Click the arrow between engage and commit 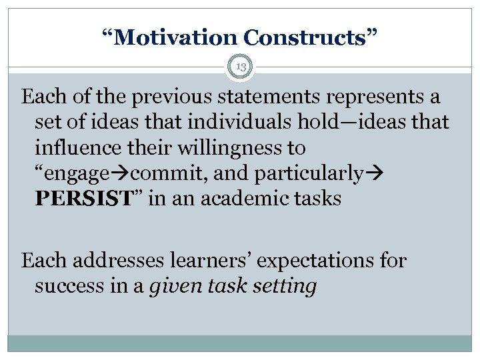pyautogui.click(x=124, y=173)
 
